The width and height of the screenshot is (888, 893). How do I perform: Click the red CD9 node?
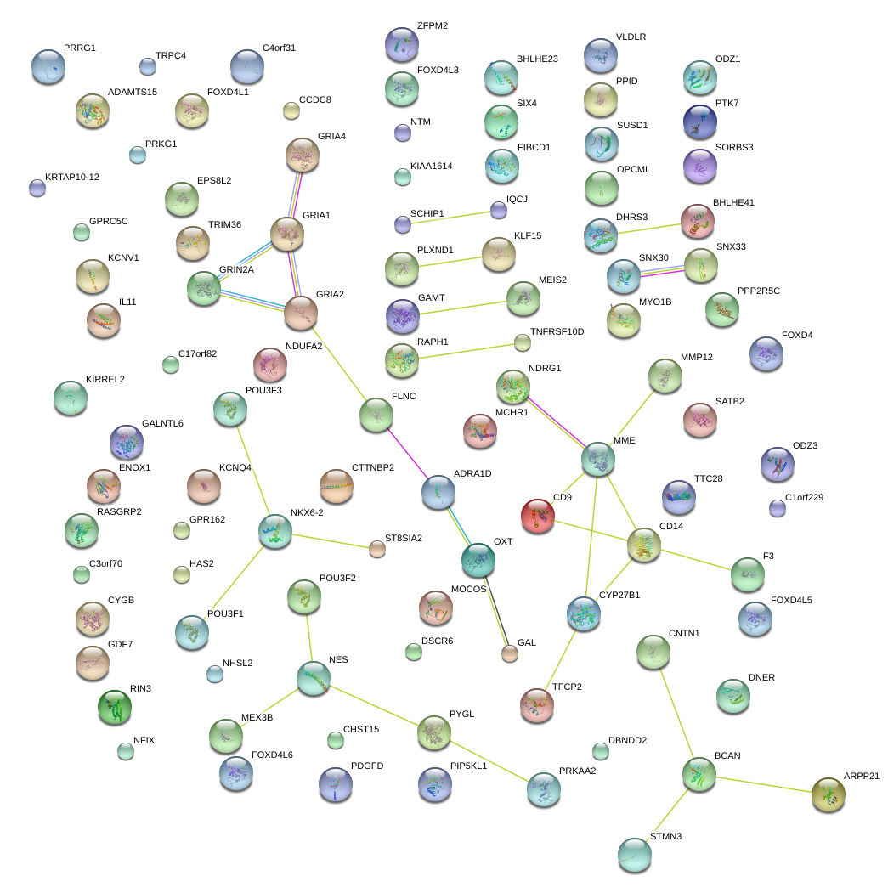click(537, 516)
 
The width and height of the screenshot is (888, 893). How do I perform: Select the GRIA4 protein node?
click(302, 154)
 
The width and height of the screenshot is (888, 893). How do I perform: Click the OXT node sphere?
click(478, 558)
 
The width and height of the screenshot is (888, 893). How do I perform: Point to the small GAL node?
click(509, 653)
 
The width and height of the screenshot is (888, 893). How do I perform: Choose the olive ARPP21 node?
click(828, 794)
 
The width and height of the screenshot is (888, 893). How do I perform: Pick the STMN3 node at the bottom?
click(634, 855)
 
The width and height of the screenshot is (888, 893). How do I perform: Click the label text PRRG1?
click(80, 48)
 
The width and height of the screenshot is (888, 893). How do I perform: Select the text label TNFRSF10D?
click(557, 331)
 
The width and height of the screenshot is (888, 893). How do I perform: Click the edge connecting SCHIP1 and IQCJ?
click(450, 217)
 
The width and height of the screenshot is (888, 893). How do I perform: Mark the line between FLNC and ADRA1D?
click(408, 453)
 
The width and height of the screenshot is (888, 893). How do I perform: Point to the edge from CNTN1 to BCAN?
click(676, 713)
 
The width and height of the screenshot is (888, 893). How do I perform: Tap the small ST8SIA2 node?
click(376, 549)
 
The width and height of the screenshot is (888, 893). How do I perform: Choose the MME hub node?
click(598, 459)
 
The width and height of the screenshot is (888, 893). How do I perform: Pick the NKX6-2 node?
click(274, 531)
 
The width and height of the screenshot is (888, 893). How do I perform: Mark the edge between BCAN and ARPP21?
click(763, 784)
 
